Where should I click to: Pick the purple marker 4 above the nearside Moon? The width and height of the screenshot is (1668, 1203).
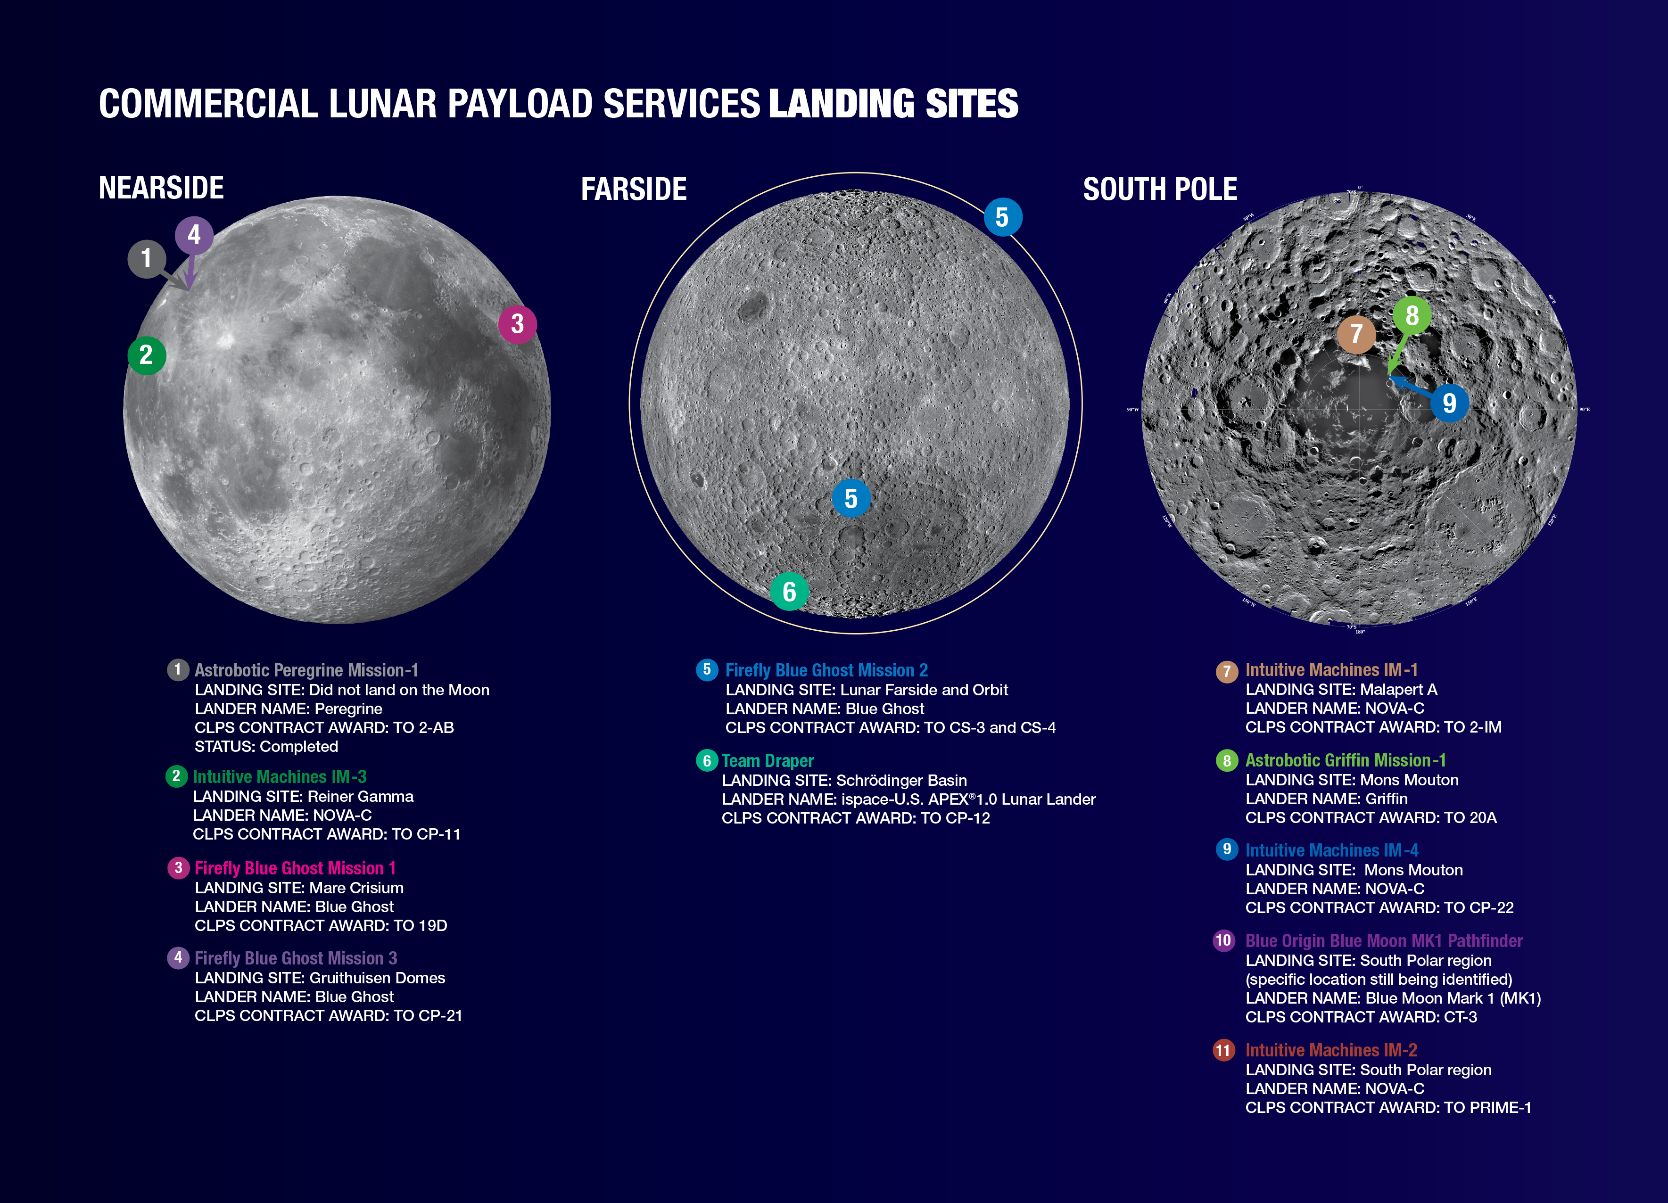(194, 235)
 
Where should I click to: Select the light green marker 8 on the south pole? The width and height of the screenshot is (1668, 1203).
(1412, 315)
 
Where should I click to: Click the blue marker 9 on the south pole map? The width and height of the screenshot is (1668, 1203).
(1449, 403)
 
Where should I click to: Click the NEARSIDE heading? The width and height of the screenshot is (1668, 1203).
(161, 188)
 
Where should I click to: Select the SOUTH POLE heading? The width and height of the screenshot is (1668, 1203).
(1160, 190)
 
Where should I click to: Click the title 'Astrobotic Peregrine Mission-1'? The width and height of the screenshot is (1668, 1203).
(306, 670)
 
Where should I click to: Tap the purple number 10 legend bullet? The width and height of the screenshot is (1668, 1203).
(1223, 940)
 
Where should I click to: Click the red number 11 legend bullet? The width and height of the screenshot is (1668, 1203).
(1223, 1050)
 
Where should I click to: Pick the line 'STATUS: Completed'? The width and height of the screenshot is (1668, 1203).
(266, 746)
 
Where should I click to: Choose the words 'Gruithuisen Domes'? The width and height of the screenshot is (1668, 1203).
(377, 978)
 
